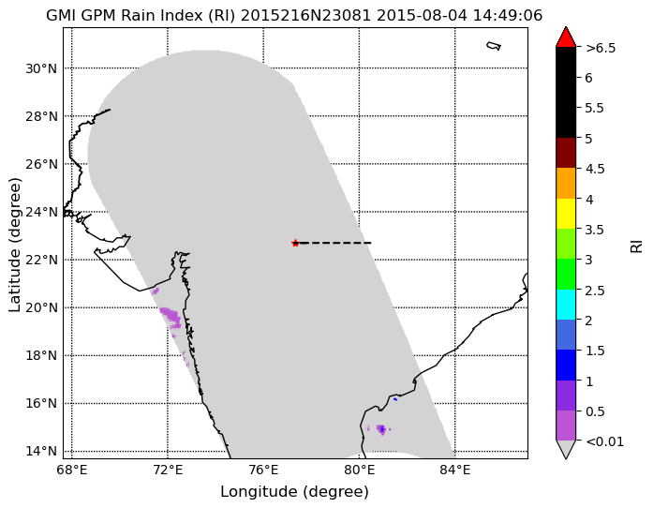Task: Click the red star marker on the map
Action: click(x=295, y=243)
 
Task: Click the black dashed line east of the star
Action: click(x=335, y=243)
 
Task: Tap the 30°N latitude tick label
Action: click(x=41, y=68)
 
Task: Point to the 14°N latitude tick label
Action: click(x=41, y=452)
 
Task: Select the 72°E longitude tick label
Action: click(x=168, y=471)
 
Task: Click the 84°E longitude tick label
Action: click(x=454, y=471)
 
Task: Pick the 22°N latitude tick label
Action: click(x=41, y=260)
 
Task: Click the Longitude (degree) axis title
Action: click(x=294, y=492)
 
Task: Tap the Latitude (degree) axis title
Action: click(x=15, y=245)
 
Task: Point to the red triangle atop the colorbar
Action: click(x=566, y=37)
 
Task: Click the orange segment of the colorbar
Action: click(x=566, y=184)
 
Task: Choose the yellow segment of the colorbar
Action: click(x=566, y=214)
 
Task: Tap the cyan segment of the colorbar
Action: click(x=566, y=305)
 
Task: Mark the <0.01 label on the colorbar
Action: click(x=604, y=441)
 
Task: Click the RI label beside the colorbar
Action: click(x=637, y=246)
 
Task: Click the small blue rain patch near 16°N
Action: click(x=395, y=399)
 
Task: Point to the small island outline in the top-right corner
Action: click(x=494, y=46)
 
